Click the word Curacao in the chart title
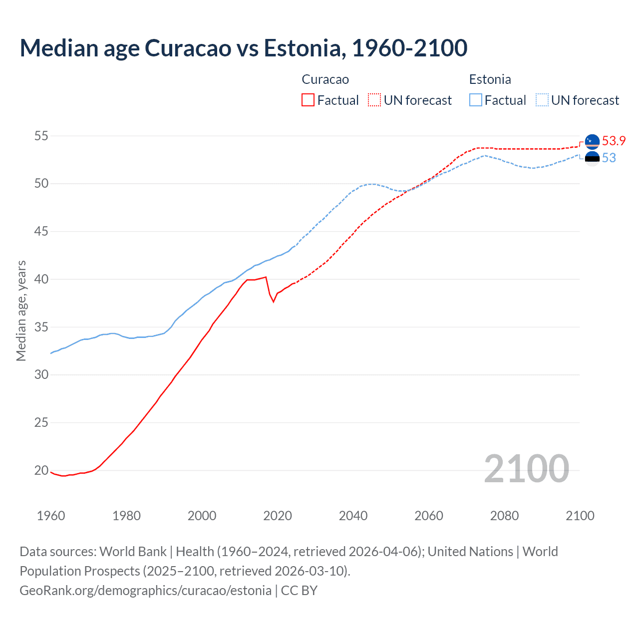(188, 48)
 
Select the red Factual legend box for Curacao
(308, 100)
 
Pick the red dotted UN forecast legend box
(374, 100)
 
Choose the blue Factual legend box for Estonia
(476, 100)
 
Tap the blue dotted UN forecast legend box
(542, 100)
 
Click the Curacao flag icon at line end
(592, 142)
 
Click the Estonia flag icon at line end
(592, 158)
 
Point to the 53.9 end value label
(614, 141)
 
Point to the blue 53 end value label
(609, 158)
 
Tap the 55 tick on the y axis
(41, 136)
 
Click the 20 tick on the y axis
(41, 470)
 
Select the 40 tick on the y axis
(41, 279)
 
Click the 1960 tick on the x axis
(51, 516)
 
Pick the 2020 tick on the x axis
(278, 516)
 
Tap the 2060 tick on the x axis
(429, 516)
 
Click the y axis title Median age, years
(21, 311)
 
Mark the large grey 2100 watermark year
(526, 469)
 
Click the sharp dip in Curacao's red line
(273, 301)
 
